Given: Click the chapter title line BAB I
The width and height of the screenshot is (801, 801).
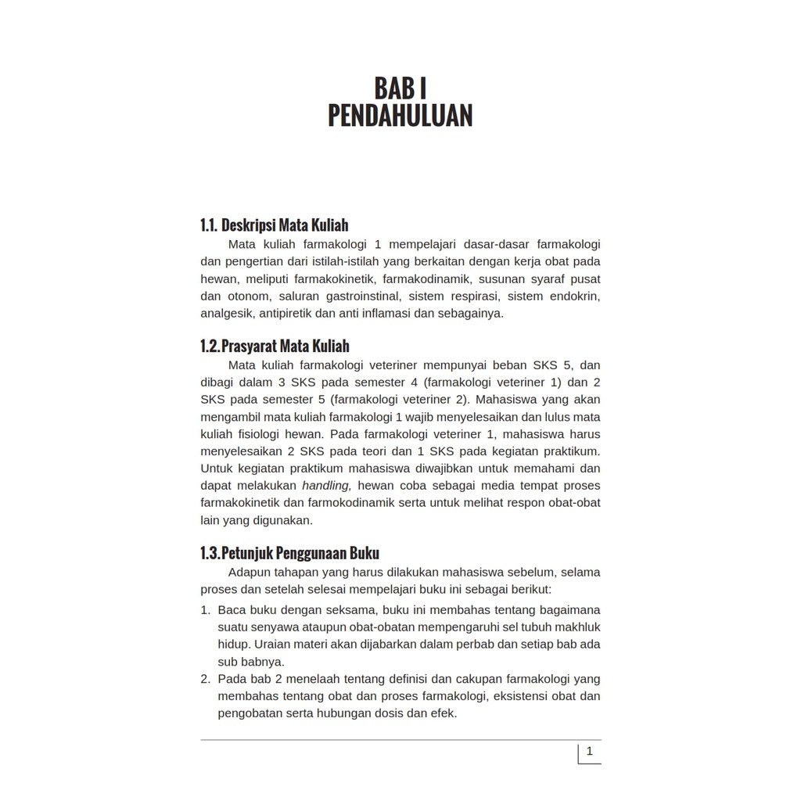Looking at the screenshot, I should (x=400, y=88).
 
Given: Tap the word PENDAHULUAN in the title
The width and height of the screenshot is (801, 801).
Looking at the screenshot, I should (x=400, y=116).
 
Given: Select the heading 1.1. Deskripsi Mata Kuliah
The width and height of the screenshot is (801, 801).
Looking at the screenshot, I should (x=275, y=225).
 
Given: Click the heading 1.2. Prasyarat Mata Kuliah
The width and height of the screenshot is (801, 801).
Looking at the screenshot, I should (x=275, y=346).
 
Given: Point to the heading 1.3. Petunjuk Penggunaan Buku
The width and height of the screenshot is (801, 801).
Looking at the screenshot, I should (x=289, y=553).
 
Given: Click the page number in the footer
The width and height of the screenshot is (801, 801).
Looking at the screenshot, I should (x=589, y=752).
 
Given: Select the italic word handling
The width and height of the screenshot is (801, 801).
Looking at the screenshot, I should (x=327, y=486).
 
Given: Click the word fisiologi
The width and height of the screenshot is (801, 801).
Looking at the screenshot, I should (x=262, y=434).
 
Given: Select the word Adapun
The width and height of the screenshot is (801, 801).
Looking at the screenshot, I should (x=250, y=572).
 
